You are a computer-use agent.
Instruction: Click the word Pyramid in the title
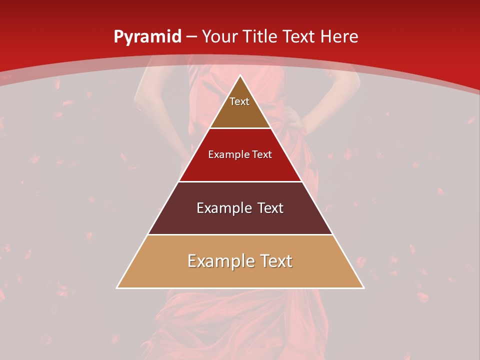coord(147,37)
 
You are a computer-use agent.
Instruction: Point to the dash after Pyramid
coord(191,37)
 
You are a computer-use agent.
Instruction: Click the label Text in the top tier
coord(239,102)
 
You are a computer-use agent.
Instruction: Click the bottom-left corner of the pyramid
coord(117,287)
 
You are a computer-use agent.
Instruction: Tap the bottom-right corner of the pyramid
coord(363,287)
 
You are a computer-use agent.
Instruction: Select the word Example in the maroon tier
coord(222,208)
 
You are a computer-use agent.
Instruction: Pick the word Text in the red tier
coord(261,155)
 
